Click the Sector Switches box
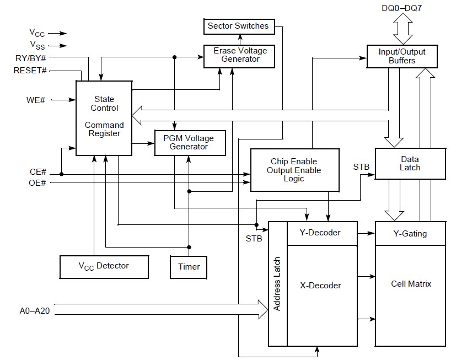pyautogui.click(x=238, y=26)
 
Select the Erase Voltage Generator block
pyautogui.click(x=239, y=56)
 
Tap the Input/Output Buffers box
pyautogui.click(x=402, y=56)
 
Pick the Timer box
pyautogui.click(x=189, y=267)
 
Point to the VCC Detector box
pyautogui.click(x=104, y=267)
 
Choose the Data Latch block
pyautogui.click(x=410, y=164)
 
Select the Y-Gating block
pyautogui.click(x=410, y=234)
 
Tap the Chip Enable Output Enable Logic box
pyautogui.click(x=294, y=170)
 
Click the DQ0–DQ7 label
pyautogui.click(x=402, y=8)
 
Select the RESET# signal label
pyautogui.click(x=30, y=71)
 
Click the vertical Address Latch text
pyautogui.click(x=277, y=284)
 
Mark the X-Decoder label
pyautogui.click(x=320, y=286)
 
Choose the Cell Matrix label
pyautogui.click(x=411, y=284)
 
